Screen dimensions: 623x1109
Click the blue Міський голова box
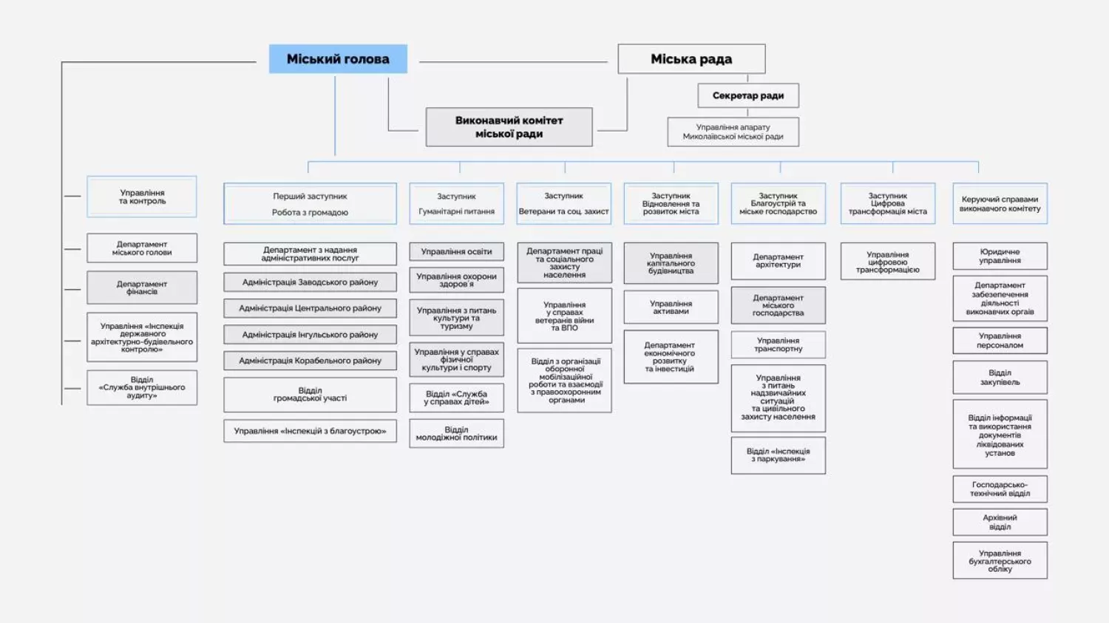(338, 59)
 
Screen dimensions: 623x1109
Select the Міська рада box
(691, 59)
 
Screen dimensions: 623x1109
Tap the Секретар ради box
(747, 95)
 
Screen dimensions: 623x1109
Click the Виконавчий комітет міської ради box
(509, 127)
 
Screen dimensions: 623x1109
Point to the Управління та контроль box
(142, 197)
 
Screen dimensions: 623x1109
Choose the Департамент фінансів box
(142, 287)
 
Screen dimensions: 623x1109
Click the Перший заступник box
(310, 204)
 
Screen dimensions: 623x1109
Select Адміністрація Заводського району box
(310, 282)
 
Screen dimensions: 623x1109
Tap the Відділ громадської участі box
(310, 395)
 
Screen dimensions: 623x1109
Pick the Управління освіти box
(456, 252)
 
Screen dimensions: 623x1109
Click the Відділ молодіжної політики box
(456, 434)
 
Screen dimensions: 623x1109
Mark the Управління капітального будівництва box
(671, 263)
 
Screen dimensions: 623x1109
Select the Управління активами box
(671, 307)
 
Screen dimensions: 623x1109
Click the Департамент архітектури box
(778, 261)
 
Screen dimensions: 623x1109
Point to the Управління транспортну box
(778, 345)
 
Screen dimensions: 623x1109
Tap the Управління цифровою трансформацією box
(887, 262)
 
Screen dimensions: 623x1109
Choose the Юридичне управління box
(1000, 256)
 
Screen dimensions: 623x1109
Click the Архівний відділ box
(1000, 522)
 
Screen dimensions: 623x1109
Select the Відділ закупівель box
(1000, 378)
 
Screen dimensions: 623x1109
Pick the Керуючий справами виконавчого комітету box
(1000, 204)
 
